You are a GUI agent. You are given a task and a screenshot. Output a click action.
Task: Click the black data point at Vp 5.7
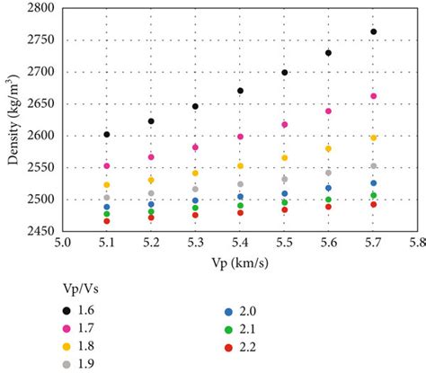tap(373, 31)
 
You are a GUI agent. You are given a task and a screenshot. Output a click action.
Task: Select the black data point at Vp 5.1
tap(107, 134)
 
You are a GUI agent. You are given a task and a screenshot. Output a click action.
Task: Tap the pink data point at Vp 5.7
tap(373, 96)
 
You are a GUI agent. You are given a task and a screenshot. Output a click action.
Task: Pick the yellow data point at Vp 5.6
tap(329, 148)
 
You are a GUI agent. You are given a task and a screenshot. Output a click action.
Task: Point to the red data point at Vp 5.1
tap(107, 221)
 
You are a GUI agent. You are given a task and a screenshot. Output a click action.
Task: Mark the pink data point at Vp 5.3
tap(195, 147)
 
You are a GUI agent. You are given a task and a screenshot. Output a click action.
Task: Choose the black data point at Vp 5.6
tap(329, 53)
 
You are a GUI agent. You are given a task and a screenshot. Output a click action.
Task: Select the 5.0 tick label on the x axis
tap(62, 243)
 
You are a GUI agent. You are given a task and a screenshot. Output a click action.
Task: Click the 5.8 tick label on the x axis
tap(417, 243)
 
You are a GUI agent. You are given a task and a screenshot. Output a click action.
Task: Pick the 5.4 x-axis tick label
tap(240, 243)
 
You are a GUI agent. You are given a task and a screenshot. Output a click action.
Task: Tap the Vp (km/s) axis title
tap(239, 260)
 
